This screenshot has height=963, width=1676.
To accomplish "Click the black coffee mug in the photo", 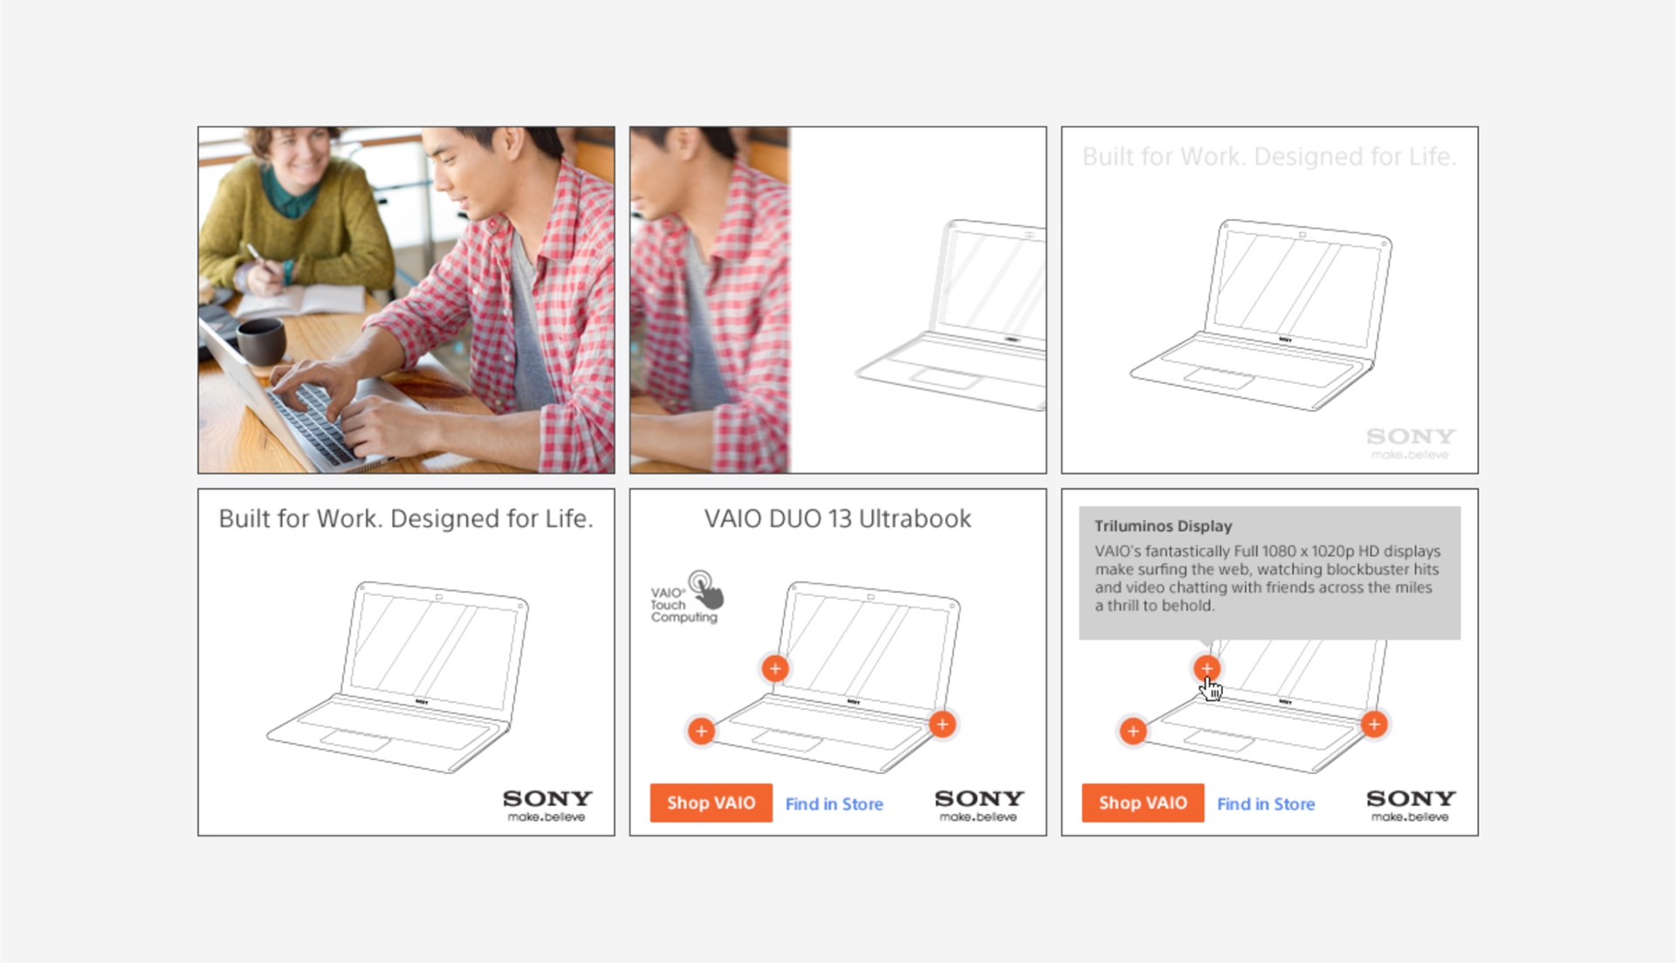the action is coord(261,340).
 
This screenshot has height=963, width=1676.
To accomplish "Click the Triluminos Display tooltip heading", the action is coord(1163,526).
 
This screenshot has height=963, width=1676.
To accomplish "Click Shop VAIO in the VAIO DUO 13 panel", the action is coord(711,802).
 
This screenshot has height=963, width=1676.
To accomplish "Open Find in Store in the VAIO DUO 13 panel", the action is coord(834,803).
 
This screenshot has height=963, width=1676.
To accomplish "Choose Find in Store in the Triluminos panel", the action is coord(1266,803).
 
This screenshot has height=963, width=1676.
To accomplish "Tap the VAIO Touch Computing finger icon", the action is coord(708,589).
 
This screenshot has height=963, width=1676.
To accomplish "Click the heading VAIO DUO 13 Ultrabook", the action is coord(837,519).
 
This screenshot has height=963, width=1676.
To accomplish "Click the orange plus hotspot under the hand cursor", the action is coord(1206,669).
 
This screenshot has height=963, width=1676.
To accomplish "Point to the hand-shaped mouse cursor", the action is coord(1212,688).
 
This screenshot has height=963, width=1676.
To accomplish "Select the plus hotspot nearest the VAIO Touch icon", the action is coord(775,669).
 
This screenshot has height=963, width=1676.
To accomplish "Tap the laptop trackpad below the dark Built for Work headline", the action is coord(356,740).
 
